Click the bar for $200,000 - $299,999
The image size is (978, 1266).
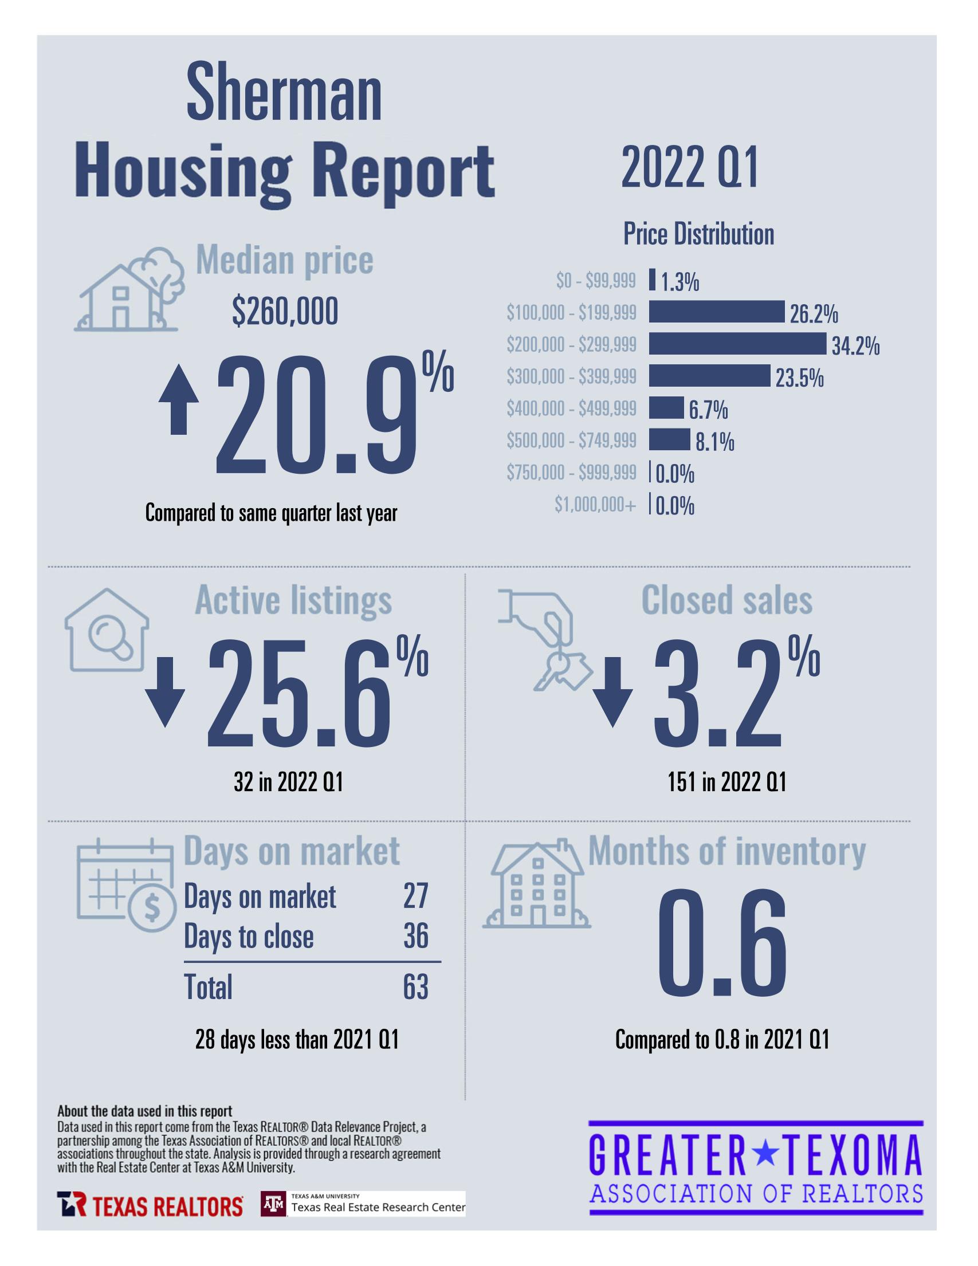737,344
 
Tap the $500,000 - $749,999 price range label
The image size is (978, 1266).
571,441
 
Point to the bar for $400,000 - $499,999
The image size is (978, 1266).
666,407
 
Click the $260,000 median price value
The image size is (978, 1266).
285,312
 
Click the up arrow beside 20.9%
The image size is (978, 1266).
179,399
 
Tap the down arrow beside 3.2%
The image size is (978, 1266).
612,691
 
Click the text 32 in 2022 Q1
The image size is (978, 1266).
288,783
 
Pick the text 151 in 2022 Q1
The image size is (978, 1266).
726,783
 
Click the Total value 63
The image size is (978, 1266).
416,987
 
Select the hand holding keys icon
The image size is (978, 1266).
545,638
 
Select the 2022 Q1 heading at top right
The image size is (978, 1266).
689,167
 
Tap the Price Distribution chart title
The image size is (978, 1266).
698,234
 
